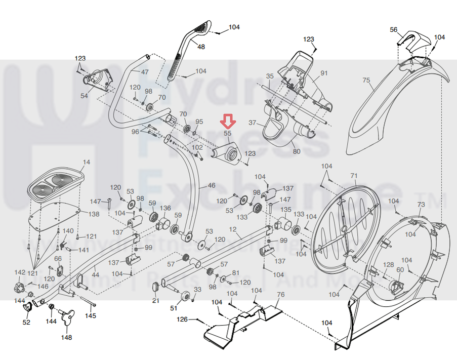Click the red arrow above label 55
coord(228,121)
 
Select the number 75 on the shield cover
coord(367,80)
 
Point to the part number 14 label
coord(87,162)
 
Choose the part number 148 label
coord(66,337)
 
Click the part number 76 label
coord(281,295)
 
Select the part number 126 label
coord(182,319)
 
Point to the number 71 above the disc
coord(354,175)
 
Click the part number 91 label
coord(324,73)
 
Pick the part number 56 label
coord(394,30)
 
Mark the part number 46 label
coord(211,186)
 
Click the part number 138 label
coord(94,214)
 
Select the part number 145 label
coord(90,316)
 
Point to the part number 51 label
coord(174,308)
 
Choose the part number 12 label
coord(233,230)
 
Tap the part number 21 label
coord(156,301)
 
